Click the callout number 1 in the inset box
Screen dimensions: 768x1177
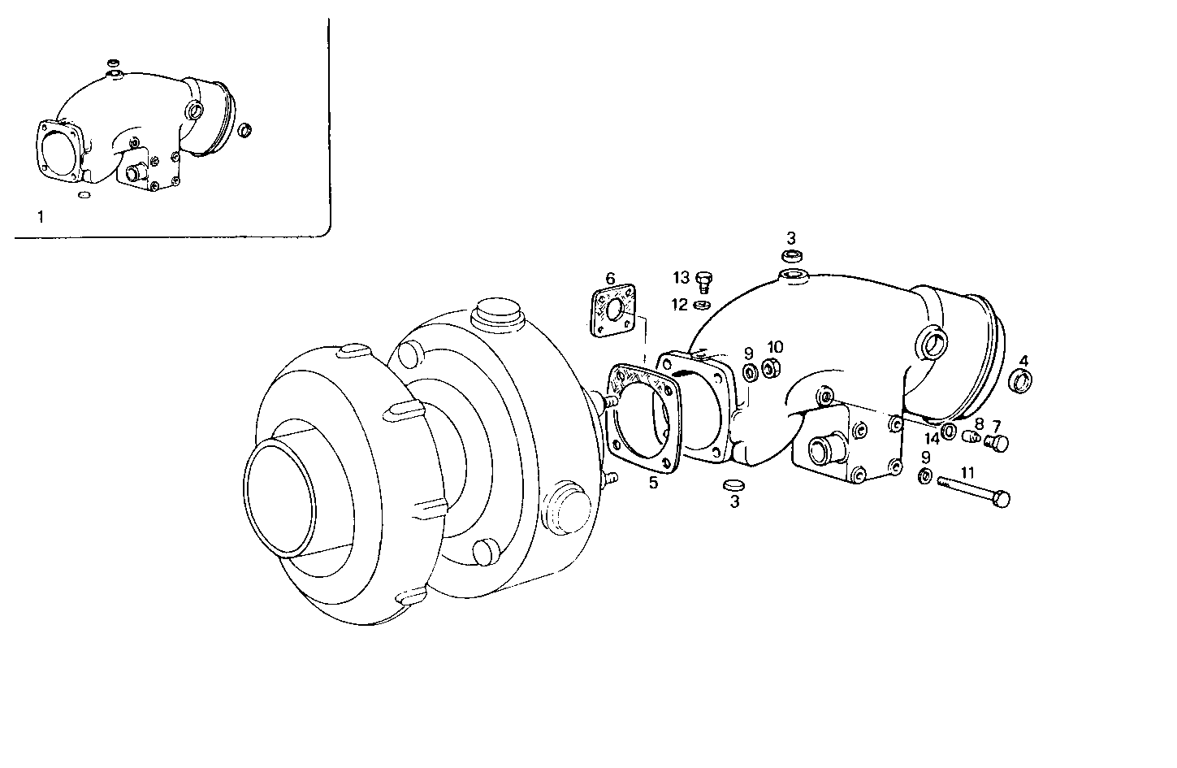tap(41, 216)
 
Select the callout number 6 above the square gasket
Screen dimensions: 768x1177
tap(611, 278)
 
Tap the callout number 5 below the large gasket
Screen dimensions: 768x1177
tap(653, 484)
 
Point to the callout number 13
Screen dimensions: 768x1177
tap(681, 278)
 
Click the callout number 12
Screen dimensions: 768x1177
tap(680, 304)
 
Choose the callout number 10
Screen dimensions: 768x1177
tap(775, 347)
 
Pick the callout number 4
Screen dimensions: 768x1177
tap(1023, 360)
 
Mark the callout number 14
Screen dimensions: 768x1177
tap(931, 438)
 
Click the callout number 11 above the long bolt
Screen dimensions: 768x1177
tap(967, 471)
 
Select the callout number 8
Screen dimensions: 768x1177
tap(979, 424)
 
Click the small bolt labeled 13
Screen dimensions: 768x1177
tap(704, 281)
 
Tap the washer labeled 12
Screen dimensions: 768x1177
tap(702, 306)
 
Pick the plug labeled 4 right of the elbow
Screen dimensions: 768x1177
tap(1022, 380)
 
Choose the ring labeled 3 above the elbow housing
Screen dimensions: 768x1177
tap(793, 257)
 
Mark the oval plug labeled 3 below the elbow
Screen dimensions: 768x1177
tap(733, 485)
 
